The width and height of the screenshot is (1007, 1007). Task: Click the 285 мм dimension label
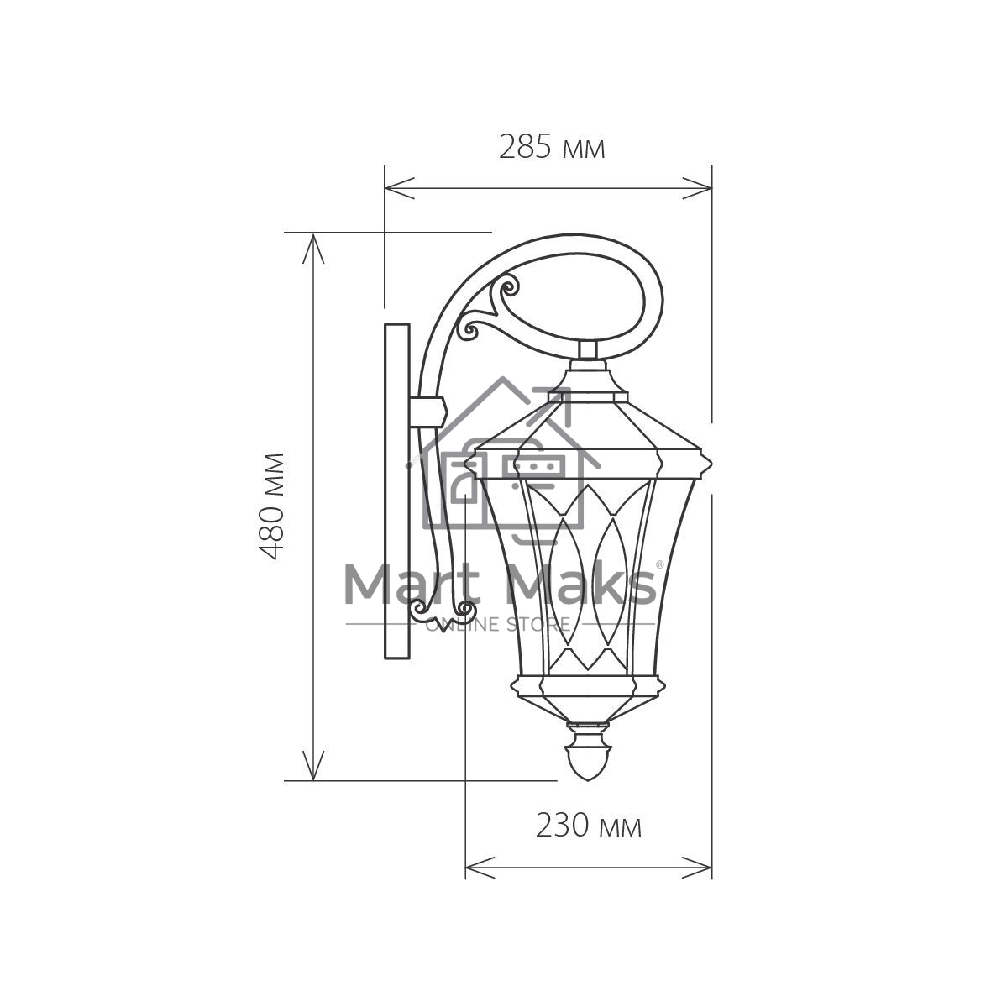[552, 147]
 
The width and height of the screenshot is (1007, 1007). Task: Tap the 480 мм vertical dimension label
[271, 506]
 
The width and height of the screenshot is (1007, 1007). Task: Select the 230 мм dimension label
[588, 826]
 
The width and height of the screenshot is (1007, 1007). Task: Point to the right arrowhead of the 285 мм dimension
[697, 189]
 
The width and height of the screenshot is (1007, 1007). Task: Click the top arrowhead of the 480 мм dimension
[313, 249]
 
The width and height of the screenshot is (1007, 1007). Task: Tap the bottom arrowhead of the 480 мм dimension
[313, 765]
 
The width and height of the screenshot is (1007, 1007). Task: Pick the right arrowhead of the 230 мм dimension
[697, 868]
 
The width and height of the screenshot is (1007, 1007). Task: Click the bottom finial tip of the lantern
[588, 779]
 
